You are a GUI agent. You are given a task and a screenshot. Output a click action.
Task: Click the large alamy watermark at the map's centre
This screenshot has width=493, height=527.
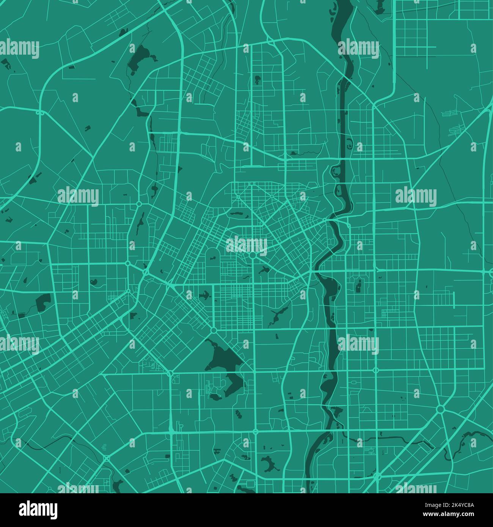[246, 245]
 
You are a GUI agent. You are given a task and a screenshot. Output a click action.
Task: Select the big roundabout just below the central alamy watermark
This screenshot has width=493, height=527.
[253, 256]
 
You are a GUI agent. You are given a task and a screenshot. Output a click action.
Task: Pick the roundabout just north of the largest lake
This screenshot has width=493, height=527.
[214, 330]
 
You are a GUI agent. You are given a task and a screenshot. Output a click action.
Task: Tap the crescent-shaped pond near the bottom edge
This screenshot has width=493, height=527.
[269, 463]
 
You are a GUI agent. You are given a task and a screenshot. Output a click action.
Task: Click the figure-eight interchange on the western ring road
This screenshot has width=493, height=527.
[39, 112]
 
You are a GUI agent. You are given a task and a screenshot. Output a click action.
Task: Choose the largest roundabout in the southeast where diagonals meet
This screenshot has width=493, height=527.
[440, 409]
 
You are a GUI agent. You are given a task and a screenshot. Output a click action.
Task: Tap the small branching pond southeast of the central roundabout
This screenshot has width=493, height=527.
[263, 271]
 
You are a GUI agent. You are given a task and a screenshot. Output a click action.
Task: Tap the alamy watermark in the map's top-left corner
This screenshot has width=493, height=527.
[19, 49]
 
